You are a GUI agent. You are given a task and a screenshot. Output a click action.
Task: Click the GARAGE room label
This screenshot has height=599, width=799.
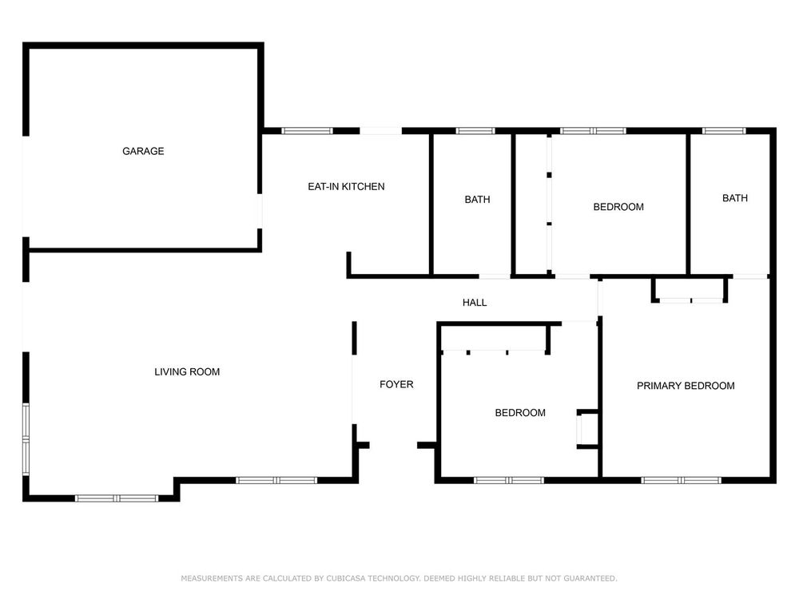pyautogui.click(x=143, y=151)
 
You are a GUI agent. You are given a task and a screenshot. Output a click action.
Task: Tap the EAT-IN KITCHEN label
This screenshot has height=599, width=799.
pyautogui.click(x=346, y=187)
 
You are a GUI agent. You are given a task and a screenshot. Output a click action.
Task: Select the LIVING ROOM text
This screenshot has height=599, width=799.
pyautogui.click(x=187, y=372)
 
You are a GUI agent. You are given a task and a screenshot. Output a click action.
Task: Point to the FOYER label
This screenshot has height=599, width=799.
pyautogui.click(x=396, y=385)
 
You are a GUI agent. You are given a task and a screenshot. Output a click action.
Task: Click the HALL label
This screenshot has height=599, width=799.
pyautogui.click(x=475, y=303)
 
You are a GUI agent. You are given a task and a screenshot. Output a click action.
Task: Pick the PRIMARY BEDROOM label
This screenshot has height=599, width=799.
pyautogui.click(x=686, y=386)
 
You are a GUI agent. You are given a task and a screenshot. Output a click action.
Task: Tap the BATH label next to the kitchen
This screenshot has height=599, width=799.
pyautogui.click(x=478, y=200)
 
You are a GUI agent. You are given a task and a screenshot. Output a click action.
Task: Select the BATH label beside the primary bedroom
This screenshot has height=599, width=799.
pyautogui.click(x=735, y=198)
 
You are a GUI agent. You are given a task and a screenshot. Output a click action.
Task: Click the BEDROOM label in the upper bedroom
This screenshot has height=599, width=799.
pyautogui.click(x=618, y=207)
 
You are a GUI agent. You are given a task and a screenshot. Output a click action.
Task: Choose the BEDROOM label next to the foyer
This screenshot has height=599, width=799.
pyautogui.click(x=520, y=413)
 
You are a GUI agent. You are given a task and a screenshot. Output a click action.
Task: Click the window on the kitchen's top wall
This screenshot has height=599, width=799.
pyautogui.click(x=308, y=131)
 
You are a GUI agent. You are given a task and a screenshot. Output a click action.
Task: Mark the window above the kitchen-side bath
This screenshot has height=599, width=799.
pyautogui.click(x=475, y=131)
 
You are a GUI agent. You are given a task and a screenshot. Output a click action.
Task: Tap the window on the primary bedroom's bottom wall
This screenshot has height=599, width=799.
pyautogui.click(x=681, y=480)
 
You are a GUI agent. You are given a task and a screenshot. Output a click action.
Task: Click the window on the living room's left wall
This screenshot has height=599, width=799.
pyautogui.click(x=26, y=439)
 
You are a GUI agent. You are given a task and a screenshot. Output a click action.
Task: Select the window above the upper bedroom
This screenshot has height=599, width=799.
pyautogui.click(x=593, y=131)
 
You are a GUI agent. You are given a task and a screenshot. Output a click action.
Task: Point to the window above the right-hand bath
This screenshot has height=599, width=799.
pyautogui.click(x=724, y=131)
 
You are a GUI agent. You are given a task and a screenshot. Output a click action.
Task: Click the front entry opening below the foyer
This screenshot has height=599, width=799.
pyautogui.click(x=393, y=446)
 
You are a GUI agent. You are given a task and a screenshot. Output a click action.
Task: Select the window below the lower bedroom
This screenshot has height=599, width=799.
pyautogui.click(x=509, y=480)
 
